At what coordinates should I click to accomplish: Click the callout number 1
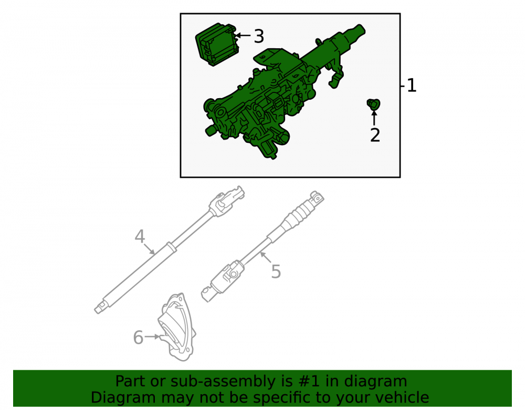[x=412, y=86]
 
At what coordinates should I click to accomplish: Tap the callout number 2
[x=375, y=135]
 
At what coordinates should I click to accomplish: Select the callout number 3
[x=259, y=36]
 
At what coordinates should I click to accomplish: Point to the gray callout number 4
[x=140, y=236]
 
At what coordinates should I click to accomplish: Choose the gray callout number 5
[x=276, y=271]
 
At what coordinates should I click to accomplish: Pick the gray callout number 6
[x=138, y=338]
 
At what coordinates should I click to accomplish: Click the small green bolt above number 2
[x=373, y=104]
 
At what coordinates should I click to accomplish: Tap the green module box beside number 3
[x=217, y=44]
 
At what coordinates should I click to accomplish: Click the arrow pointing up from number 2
[x=374, y=118]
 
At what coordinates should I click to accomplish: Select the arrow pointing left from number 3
[x=243, y=35]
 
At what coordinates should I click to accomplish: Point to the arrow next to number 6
[x=153, y=337]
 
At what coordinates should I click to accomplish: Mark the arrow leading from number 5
[x=266, y=258]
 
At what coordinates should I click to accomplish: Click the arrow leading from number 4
[x=149, y=249]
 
